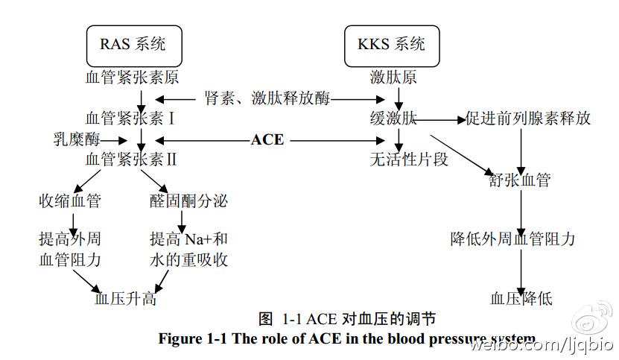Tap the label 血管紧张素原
(x=133, y=77)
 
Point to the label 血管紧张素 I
(x=131, y=118)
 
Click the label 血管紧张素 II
(x=131, y=159)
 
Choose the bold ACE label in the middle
(x=267, y=139)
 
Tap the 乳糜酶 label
(x=74, y=139)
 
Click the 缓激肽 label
(x=392, y=119)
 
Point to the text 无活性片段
(x=409, y=159)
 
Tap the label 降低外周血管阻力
(x=513, y=239)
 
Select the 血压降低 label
(x=521, y=299)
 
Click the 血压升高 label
(x=125, y=299)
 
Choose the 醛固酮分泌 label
(x=188, y=200)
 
